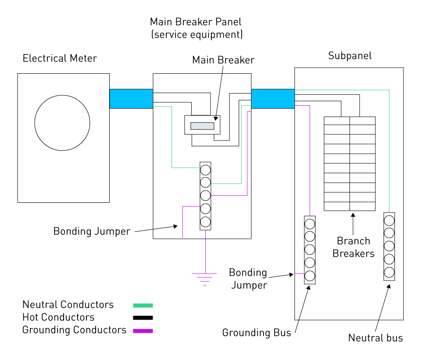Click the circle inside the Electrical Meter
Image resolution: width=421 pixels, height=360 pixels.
pos(62,123)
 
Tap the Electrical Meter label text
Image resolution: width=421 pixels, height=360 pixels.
pos(60,58)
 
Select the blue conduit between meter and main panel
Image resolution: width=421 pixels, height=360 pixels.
pos(131,99)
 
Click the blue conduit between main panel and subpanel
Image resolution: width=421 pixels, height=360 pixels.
pos(273,99)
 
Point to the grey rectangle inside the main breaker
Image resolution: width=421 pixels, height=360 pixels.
pos(202,126)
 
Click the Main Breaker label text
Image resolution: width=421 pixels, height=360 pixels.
pos(223,60)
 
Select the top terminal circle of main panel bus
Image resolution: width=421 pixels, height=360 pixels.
pos(205,169)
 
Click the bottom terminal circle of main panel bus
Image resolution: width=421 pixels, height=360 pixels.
pos(205,222)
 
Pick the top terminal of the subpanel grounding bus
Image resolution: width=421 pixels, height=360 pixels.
pos(310,223)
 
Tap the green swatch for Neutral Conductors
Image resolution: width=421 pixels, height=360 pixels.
pos(143,305)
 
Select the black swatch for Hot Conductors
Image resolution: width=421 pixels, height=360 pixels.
pos(143,318)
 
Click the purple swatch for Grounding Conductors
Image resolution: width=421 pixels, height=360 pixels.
pos(143,331)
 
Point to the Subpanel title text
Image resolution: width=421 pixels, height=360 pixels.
pos(350,56)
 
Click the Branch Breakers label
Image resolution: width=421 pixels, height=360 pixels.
pos(353,247)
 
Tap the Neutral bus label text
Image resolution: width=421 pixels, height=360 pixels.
pos(375,338)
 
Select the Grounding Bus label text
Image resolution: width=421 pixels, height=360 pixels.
pos(257,333)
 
